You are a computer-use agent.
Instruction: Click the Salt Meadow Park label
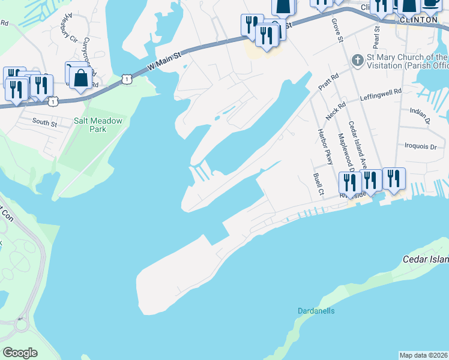(98, 125)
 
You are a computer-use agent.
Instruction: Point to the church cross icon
(357, 61)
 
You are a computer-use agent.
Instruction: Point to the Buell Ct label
(318, 185)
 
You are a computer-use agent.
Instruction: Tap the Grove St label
(337, 31)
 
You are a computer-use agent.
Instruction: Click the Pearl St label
(377, 36)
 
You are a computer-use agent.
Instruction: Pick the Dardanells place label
(316, 311)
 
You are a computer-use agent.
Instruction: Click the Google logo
(20, 353)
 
